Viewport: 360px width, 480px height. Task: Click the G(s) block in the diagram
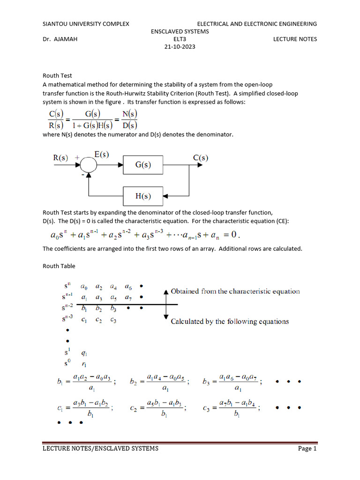coord(143,165)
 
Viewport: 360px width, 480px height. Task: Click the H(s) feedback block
coord(143,196)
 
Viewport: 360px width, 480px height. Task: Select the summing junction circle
coord(88,165)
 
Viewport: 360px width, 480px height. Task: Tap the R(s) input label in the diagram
coord(61,158)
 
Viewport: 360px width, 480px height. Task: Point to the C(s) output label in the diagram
coord(201,158)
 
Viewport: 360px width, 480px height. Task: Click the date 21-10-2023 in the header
coord(180,47)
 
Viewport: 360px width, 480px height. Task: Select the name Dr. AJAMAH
coord(60,39)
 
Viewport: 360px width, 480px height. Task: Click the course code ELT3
coord(180,39)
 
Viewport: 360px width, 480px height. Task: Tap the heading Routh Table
coord(59,266)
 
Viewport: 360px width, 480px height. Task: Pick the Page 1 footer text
coord(307,449)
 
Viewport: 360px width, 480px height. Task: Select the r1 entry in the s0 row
coord(84,364)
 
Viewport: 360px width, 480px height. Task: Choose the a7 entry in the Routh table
coord(128,297)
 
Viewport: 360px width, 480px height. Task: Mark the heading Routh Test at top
coord(57,75)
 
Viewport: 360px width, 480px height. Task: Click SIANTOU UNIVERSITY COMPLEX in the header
coord(86,24)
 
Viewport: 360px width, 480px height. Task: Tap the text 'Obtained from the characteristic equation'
coord(235,292)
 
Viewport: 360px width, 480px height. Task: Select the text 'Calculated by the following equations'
coord(230,322)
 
